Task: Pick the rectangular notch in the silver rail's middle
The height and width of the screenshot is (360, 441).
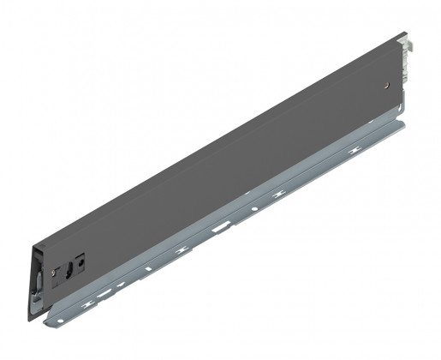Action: click(221, 227)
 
